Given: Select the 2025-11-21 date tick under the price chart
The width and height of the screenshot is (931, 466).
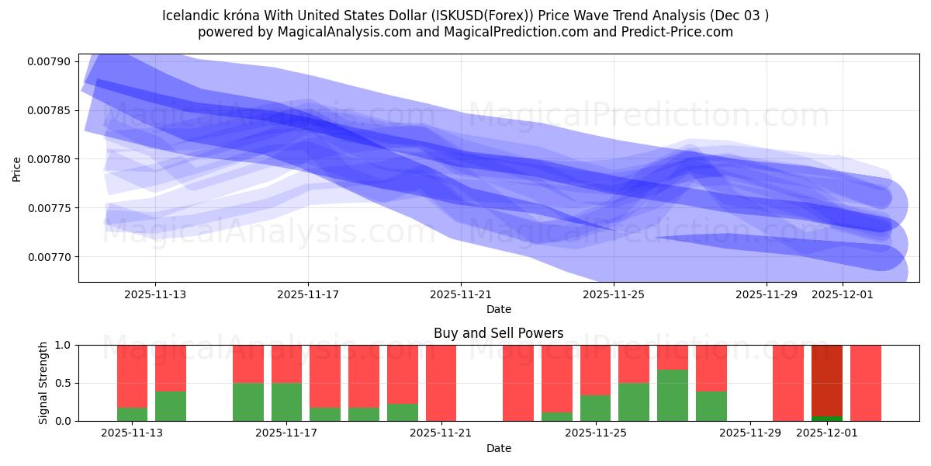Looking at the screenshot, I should point(461,294).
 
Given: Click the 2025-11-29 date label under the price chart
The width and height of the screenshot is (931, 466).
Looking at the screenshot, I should point(767,294).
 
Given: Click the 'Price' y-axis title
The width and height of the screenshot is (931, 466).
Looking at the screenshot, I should point(17,168).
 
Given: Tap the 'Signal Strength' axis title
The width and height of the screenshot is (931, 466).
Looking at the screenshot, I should point(43,383).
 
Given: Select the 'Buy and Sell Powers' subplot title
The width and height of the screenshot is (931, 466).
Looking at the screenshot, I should point(498,333).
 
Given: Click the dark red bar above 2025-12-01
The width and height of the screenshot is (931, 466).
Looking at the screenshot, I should point(826,381).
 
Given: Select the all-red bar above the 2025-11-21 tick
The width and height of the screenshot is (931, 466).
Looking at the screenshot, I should point(441,383).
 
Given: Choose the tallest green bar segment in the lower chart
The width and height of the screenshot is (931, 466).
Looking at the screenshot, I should point(672,395).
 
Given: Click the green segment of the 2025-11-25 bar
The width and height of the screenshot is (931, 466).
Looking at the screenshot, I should point(595,408).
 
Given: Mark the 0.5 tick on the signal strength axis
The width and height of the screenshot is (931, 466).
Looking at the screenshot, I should point(66,383).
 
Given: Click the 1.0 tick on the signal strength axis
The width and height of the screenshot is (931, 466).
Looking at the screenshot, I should point(66,345).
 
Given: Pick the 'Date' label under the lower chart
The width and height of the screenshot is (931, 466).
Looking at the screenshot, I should point(498,448).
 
